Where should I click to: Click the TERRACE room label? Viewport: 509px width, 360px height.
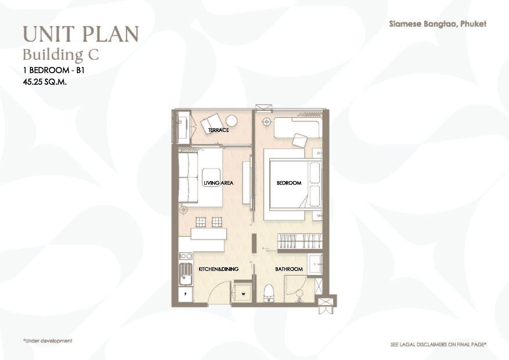219,130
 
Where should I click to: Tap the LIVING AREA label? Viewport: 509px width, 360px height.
219,183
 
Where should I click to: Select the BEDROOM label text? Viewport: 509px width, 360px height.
289,183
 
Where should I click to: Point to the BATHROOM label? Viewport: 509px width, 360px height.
289,269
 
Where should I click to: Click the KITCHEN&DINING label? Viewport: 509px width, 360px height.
219,269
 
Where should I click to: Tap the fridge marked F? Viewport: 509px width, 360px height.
185,294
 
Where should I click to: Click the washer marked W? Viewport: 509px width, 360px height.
243,294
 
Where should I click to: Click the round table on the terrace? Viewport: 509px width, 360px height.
232,121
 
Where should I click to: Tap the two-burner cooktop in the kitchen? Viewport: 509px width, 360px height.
186,256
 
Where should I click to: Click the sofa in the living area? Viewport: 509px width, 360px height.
188,178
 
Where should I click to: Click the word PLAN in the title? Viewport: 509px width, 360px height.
110,34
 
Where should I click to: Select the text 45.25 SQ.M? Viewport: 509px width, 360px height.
45,82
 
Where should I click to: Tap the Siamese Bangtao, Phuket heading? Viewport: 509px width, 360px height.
438,24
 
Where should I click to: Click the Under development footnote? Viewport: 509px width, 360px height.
48,341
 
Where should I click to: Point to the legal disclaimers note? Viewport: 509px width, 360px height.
438,345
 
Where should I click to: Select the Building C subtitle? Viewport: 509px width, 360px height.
61,55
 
